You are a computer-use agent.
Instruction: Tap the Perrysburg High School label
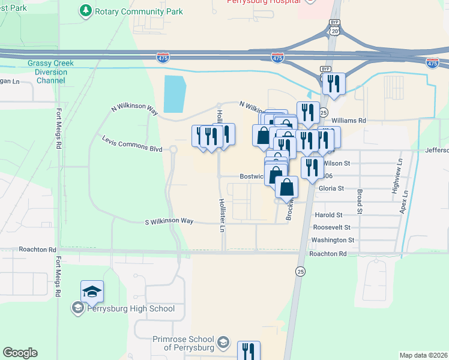click(x=131, y=309)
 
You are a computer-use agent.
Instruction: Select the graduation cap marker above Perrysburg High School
click(x=92, y=292)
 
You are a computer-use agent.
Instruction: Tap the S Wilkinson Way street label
click(x=169, y=221)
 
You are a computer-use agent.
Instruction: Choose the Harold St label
click(x=329, y=214)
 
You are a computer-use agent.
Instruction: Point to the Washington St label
click(x=333, y=240)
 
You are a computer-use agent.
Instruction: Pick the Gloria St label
click(x=331, y=188)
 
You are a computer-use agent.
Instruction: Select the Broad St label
click(x=360, y=202)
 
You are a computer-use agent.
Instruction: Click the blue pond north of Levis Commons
click(x=174, y=94)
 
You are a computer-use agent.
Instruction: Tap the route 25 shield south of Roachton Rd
click(x=300, y=272)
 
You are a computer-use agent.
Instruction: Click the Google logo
click(x=20, y=353)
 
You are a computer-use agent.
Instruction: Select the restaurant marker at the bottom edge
click(x=248, y=350)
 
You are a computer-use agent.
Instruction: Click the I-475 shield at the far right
click(x=432, y=62)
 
